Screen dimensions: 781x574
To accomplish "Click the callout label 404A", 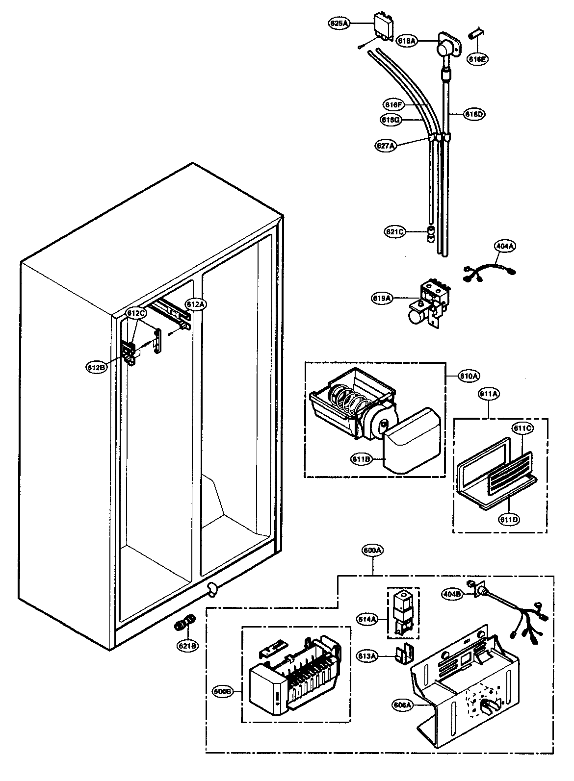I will (504, 247).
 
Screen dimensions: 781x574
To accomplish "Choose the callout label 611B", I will (361, 459).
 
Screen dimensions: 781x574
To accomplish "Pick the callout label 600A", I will (373, 551).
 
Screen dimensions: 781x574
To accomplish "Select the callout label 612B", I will (96, 367).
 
